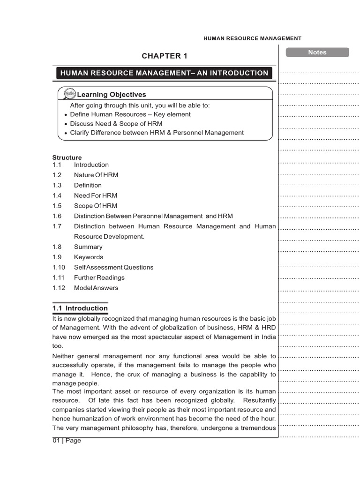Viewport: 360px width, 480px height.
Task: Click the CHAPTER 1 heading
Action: pos(164,56)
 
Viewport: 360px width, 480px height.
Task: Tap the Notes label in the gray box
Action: pos(317,52)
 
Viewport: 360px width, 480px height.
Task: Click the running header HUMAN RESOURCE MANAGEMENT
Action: pos(252,38)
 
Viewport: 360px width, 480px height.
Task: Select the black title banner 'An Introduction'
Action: pos(164,73)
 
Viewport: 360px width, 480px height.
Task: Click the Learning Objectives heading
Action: pos(111,95)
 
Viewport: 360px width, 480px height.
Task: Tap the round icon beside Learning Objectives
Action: pos(69,94)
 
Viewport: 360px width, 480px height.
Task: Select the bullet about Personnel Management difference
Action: pos(157,133)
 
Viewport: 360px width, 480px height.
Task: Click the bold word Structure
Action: pos(67,157)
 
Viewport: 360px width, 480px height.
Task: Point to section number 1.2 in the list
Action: pos(57,175)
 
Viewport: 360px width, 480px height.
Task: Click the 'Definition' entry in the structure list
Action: pos(88,185)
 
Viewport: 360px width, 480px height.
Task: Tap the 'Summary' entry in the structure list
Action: pos(88,247)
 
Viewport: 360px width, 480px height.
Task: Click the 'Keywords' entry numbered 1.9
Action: pos(88,257)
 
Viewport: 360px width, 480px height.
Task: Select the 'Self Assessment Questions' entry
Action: pos(113,267)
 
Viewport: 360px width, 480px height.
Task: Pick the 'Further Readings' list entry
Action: pos(99,277)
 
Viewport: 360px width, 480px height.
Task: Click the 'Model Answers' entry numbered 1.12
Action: pos(96,288)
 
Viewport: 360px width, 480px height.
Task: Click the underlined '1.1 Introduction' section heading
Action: pos(80,308)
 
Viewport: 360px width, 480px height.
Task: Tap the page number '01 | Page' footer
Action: pos(67,441)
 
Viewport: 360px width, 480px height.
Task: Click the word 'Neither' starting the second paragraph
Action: pos(63,356)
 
